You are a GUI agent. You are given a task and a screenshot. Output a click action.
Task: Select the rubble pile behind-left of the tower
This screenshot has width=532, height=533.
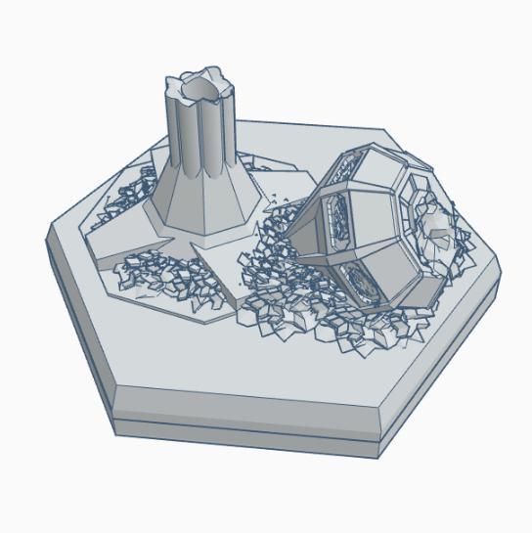127,196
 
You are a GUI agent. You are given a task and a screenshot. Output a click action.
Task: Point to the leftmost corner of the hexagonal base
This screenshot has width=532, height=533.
49,241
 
